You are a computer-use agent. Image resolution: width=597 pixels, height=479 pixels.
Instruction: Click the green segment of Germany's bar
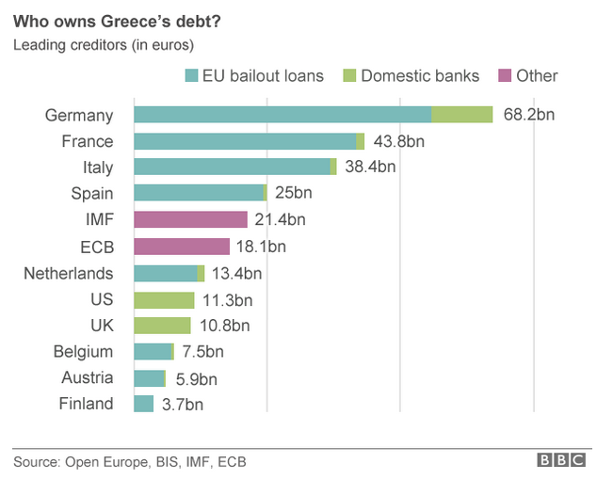461,115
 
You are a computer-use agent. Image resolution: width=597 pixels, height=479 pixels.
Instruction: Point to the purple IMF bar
190,219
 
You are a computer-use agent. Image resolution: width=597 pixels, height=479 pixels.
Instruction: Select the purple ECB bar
182,247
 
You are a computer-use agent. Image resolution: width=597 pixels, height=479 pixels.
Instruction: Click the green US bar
163,299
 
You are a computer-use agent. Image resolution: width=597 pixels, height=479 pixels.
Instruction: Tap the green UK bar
162,326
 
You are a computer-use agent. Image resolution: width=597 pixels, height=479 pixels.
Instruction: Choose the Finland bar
143,404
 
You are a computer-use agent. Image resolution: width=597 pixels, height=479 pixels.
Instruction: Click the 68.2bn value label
529,115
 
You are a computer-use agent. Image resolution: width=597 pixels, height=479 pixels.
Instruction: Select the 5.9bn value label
196,378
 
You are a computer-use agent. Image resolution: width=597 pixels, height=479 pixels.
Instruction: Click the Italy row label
93,168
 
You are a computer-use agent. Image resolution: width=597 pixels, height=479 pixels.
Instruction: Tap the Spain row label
91,194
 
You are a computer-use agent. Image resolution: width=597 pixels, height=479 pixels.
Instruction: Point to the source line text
130,462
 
